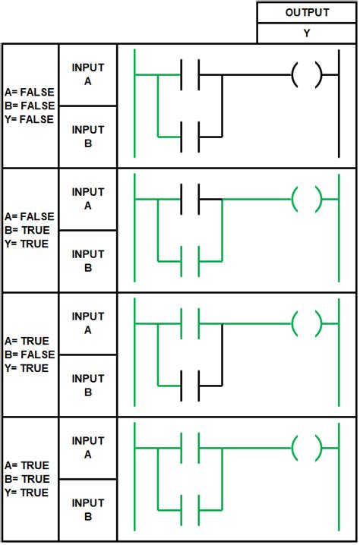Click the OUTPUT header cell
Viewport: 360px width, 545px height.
point(307,13)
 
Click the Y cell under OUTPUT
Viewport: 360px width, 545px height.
point(307,33)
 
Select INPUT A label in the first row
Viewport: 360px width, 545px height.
point(88,74)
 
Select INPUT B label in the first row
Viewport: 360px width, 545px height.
point(88,137)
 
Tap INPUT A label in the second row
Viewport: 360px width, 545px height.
point(88,199)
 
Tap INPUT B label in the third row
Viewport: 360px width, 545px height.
point(88,386)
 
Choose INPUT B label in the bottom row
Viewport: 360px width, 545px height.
point(88,510)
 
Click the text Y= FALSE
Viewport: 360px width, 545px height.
point(30,119)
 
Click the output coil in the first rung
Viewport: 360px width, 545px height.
point(307,75)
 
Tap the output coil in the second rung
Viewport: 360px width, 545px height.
point(307,200)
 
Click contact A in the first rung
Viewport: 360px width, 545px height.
point(190,75)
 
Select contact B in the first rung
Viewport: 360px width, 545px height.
point(190,137)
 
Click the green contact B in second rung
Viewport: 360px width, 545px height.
point(190,261)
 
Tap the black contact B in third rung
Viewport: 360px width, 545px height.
point(190,386)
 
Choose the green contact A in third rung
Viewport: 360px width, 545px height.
point(190,324)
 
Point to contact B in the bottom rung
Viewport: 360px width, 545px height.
point(190,510)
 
